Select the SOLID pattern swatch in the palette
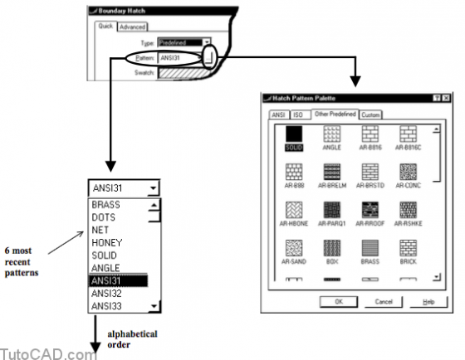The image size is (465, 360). (292, 133)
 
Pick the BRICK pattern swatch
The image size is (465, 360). (408, 247)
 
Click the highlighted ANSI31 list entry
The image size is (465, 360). (116, 280)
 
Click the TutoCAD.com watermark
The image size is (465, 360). (48, 353)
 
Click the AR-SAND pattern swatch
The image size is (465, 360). (292, 247)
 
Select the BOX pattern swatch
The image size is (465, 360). (331, 247)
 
